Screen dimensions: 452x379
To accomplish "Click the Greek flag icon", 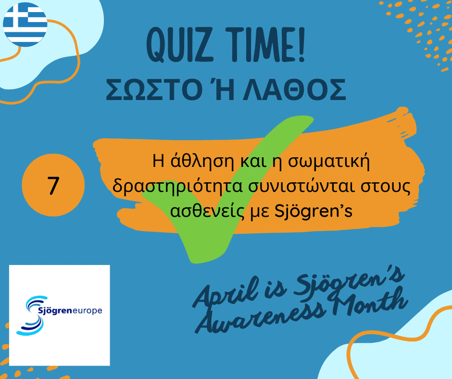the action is click(25, 24).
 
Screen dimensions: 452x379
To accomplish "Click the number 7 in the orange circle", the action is click(53, 186).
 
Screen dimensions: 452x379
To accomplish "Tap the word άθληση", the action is click(201, 161).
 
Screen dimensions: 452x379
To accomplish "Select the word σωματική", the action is click(329, 161).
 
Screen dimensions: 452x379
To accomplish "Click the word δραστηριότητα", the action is click(177, 186).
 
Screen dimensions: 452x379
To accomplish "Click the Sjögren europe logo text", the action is click(70, 311).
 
